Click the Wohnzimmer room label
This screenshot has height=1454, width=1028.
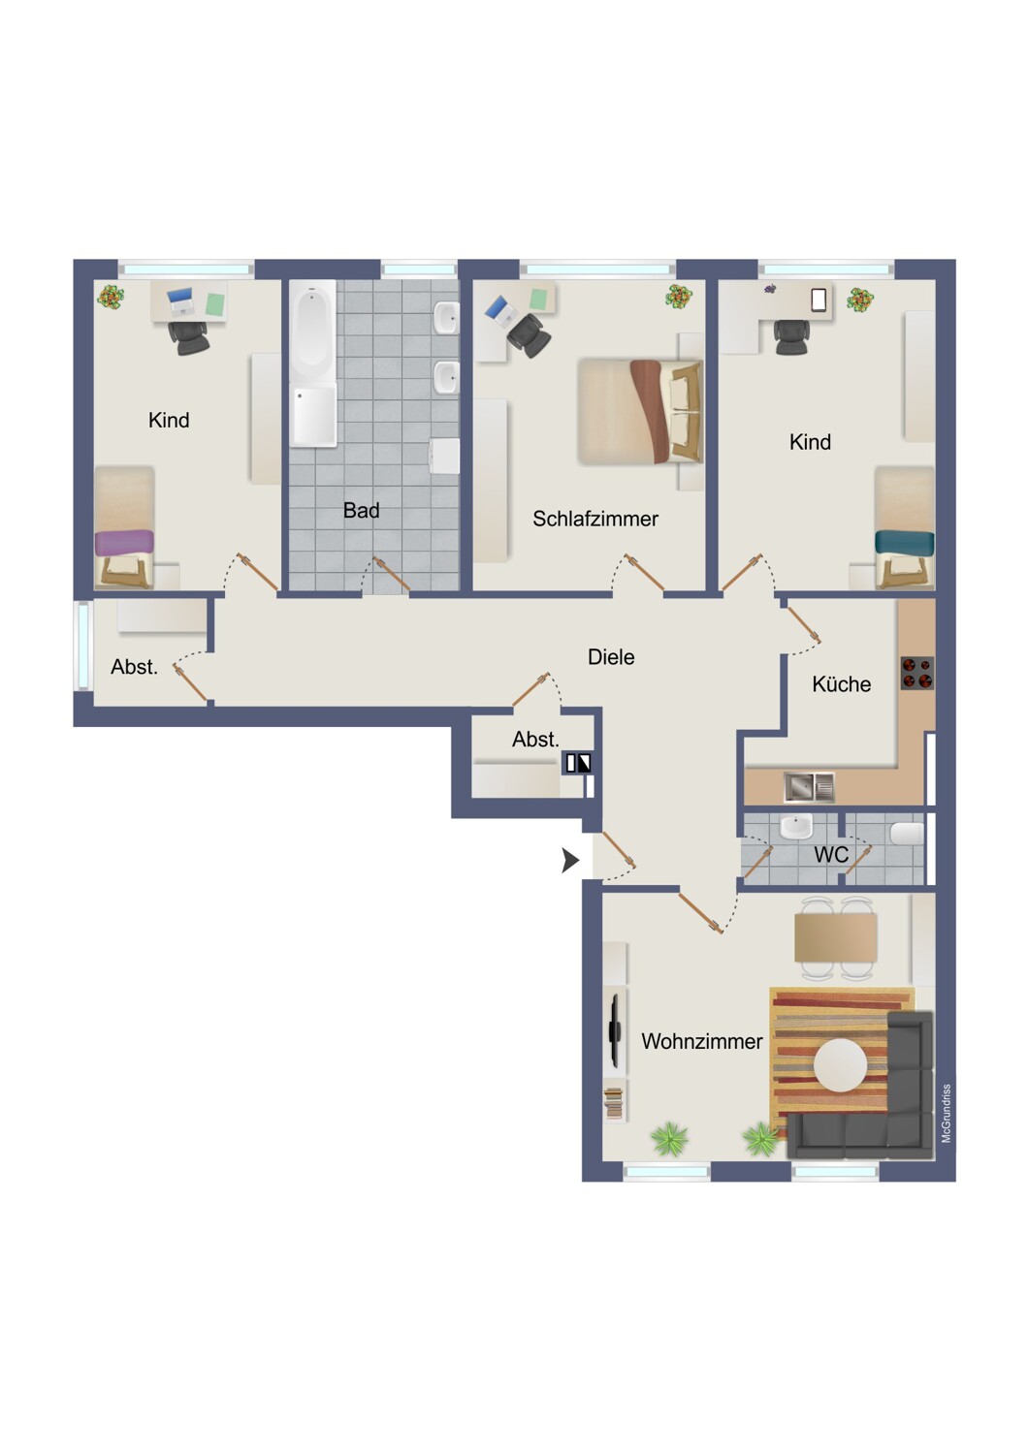(x=701, y=1041)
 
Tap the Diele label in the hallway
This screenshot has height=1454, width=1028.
(x=610, y=657)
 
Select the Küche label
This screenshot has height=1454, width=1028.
(x=841, y=683)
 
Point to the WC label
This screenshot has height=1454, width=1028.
(x=831, y=854)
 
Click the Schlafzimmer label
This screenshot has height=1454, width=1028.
(x=594, y=519)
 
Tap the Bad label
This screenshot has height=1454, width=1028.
(x=361, y=510)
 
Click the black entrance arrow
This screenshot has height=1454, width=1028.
(x=569, y=861)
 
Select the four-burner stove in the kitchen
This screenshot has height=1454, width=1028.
(x=916, y=673)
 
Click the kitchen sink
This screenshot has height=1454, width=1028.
(x=809, y=787)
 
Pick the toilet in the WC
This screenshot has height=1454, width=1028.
(x=907, y=834)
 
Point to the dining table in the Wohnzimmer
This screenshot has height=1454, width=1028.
(x=836, y=937)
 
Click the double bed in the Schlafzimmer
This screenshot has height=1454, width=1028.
(x=640, y=412)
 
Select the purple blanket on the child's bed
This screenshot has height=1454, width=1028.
(x=124, y=543)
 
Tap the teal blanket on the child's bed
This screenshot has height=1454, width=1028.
(x=905, y=542)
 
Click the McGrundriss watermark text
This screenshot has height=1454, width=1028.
(x=946, y=1113)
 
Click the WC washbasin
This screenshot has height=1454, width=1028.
(x=796, y=828)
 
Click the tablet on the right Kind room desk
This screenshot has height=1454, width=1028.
(x=819, y=300)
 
